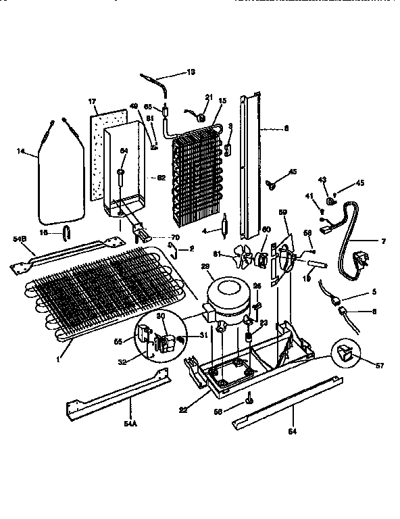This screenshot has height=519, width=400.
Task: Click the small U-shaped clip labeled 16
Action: pyautogui.click(x=65, y=233)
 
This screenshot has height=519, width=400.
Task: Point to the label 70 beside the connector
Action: pyautogui.click(x=176, y=238)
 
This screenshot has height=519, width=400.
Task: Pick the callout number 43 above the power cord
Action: pyautogui.click(x=322, y=179)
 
